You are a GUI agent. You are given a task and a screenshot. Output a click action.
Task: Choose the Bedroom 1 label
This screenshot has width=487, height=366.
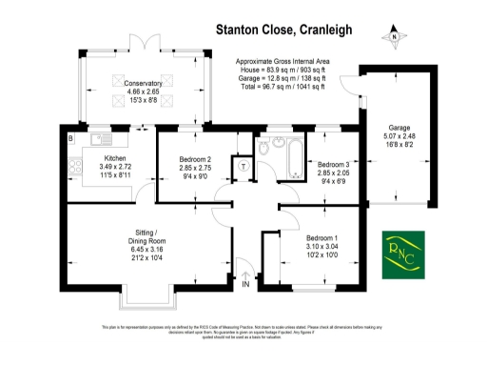[x=321, y=236]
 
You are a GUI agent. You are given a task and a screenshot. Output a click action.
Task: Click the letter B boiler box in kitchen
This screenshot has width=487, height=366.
[x=70, y=139]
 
